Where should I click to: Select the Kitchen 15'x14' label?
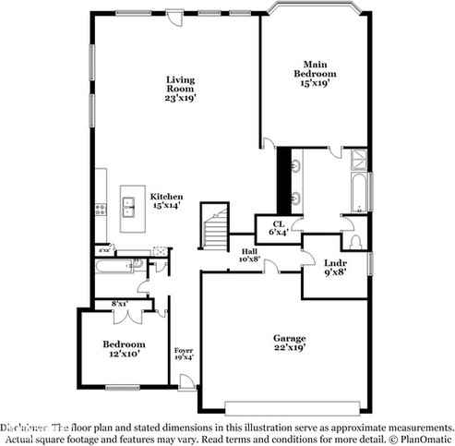pos(166,201)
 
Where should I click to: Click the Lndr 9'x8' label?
pos(336,267)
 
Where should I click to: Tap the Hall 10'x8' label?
pos(248,256)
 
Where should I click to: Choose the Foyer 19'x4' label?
pos(184,355)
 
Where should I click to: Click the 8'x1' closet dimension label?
pos(120,304)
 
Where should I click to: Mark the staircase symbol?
pos(215,227)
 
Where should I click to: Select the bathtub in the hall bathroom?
pos(117,269)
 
